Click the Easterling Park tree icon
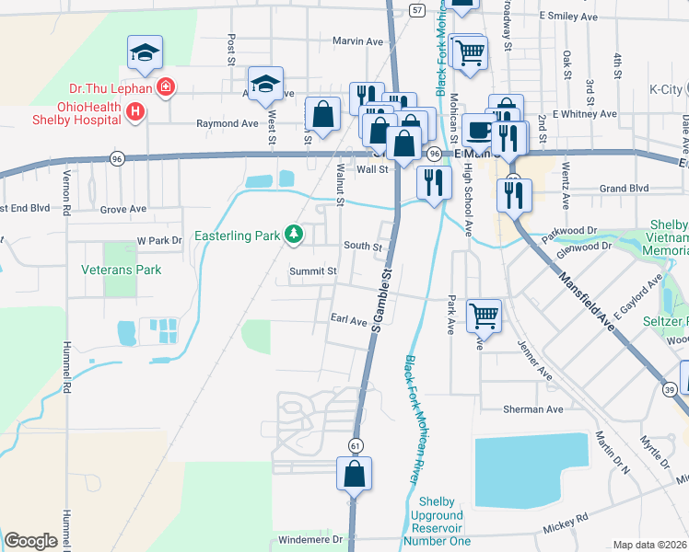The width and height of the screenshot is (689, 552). point(294,236)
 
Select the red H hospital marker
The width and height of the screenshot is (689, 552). point(135,112)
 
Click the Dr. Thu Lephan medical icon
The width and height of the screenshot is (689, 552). point(165,87)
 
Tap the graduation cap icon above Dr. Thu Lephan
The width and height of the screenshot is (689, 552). point(146,52)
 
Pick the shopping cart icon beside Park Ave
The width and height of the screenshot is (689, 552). point(484,316)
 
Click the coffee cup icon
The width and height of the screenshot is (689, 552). point(477,130)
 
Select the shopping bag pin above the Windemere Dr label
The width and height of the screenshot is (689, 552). point(354,474)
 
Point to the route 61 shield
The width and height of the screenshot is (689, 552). point(355,445)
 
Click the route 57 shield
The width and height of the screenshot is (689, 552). point(417,9)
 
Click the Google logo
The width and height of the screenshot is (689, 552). point(30,540)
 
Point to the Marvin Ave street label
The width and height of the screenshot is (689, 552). point(356,41)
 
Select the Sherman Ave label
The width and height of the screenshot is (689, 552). point(532,408)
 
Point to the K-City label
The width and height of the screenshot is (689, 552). point(666,89)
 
